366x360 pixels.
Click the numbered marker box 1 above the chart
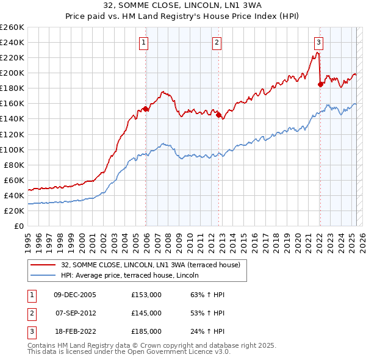point(143,42)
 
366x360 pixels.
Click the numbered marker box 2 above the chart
point(217,42)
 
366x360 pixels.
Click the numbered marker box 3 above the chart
point(319,42)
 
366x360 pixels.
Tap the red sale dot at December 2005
point(146,109)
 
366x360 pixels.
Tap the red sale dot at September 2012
point(218,115)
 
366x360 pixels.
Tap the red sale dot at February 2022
point(320,84)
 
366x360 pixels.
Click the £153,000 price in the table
point(146,295)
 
